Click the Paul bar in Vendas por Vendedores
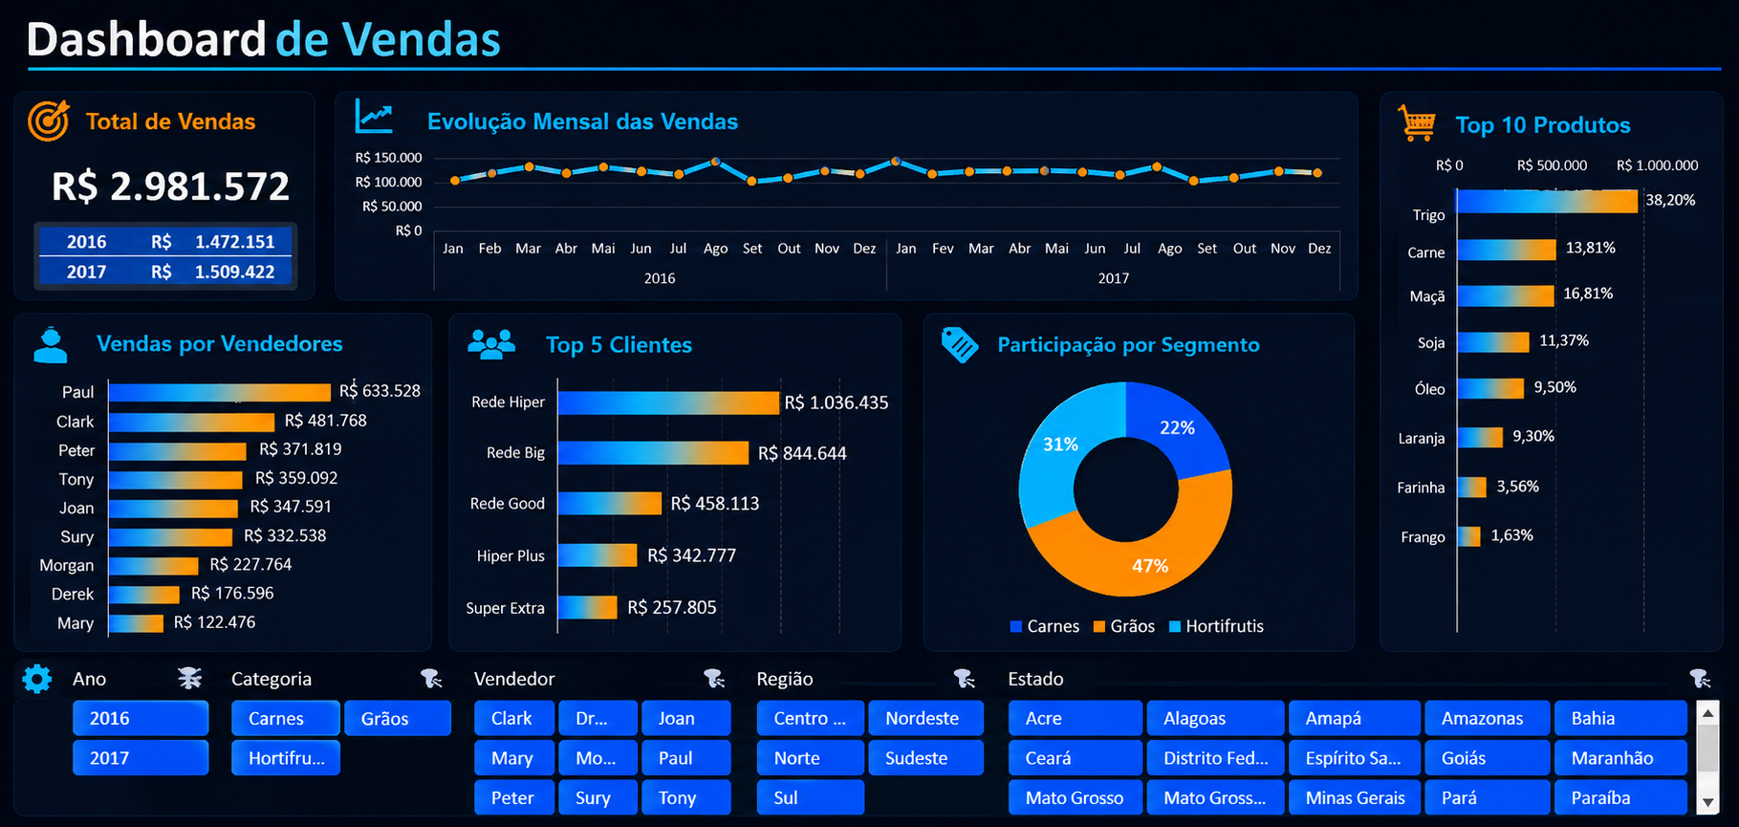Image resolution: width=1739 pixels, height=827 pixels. click(x=220, y=392)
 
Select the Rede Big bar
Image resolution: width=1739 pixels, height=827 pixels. click(x=653, y=452)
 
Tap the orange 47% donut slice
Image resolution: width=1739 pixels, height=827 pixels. click(x=1138, y=540)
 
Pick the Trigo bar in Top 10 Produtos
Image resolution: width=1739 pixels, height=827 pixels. click(x=1547, y=201)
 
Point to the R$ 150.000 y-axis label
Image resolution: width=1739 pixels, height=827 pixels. click(x=388, y=158)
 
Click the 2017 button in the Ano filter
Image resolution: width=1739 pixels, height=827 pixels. click(x=141, y=758)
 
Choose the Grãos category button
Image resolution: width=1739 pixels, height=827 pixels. click(x=398, y=718)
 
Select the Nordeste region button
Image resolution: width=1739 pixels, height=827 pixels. click(x=925, y=718)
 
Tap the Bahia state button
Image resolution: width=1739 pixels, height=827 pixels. click(x=1620, y=718)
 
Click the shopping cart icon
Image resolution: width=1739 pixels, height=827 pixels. click(x=1417, y=123)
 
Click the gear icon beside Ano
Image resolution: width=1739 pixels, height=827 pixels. click(x=37, y=679)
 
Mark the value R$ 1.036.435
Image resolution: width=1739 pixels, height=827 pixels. click(x=837, y=403)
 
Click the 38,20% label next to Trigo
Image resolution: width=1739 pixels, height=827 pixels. click(x=1670, y=200)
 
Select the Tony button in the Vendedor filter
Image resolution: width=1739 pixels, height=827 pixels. click(x=686, y=797)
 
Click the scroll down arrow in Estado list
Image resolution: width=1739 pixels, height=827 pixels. click(x=1708, y=803)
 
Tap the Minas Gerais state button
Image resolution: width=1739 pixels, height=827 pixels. click(x=1355, y=797)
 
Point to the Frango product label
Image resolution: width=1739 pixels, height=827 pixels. click(x=1423, y=537)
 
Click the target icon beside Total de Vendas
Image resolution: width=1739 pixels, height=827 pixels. click(x=49, y=121)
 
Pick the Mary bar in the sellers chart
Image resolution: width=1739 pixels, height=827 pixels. click(x=136, y=623)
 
